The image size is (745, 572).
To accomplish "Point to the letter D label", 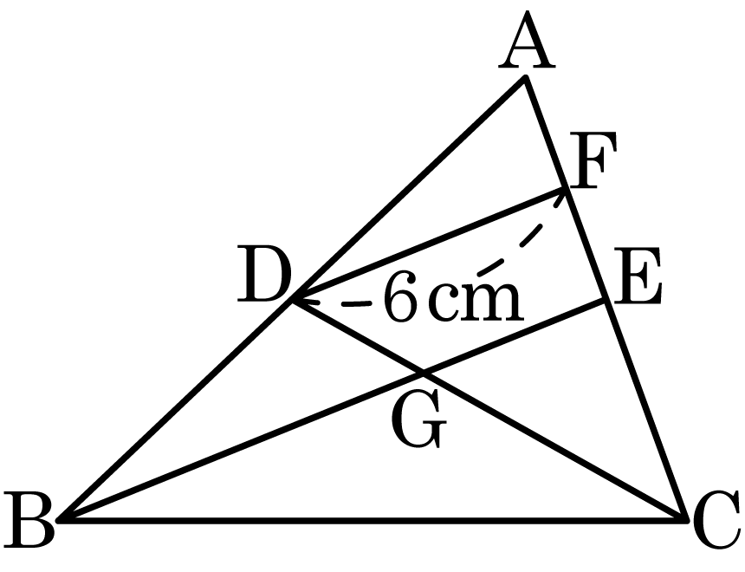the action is point(265,274).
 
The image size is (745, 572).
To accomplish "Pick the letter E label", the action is point(638,276).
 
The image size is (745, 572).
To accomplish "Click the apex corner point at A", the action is point(525,77).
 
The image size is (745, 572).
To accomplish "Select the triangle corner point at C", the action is point(685,520).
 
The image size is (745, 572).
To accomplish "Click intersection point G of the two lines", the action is point(424,374).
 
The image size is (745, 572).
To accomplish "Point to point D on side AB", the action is point(294,300).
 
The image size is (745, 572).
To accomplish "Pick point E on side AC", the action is point(606,300).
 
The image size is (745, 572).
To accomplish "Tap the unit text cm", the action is point(476,302).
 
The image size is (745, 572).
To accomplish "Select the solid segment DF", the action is point(430,244).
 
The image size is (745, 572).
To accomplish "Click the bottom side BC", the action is point(372,520).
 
